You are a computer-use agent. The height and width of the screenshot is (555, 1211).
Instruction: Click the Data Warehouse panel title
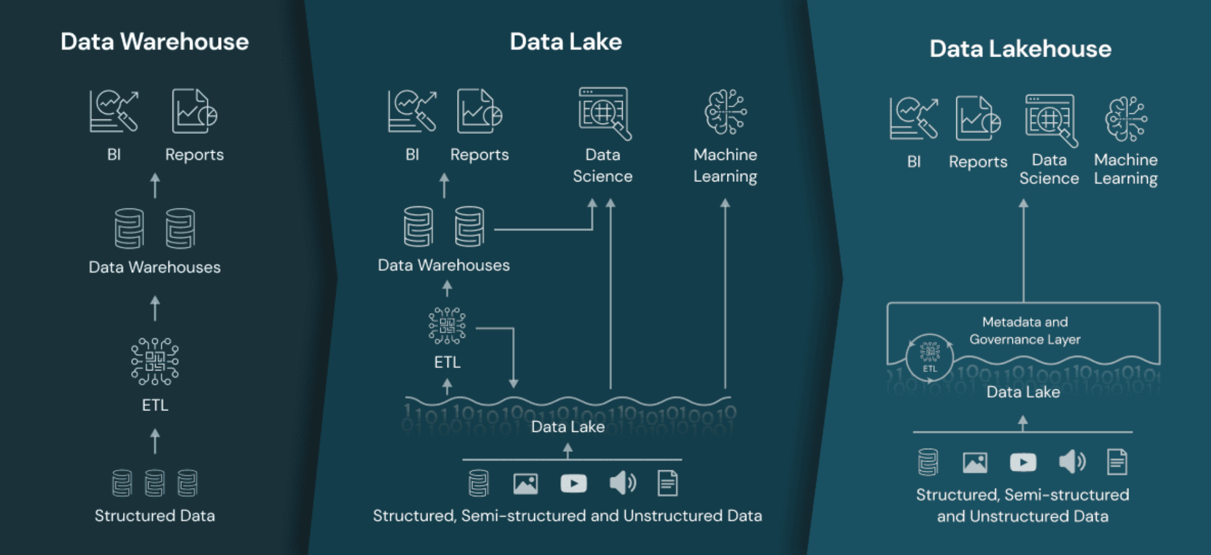pyautogui.click(x=154, y=42)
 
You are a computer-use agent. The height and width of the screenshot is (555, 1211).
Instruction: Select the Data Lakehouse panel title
pyautogui.click(x=1020, y=49)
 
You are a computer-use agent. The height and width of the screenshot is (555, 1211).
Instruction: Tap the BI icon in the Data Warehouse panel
pyautogui.click(x=114, y=111)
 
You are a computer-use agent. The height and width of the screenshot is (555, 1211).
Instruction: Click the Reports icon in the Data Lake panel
pyautogui.click(x=479, y=111)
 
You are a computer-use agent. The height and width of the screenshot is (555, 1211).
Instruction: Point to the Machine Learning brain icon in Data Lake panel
pyautogui.click(x=725, y=112)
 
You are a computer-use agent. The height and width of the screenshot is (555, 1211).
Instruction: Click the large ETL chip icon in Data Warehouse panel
pyautogui.click(x=155, y=362)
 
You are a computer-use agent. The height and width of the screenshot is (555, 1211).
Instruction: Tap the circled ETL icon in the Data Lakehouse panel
pyautogui.click(x=929, y=357)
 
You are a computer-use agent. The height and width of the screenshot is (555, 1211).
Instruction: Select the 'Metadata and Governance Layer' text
pyautogui.click(x=1025, y=331)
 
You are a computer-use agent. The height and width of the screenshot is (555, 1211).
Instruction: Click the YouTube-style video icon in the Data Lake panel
pyautogui.click(x=573, y=484)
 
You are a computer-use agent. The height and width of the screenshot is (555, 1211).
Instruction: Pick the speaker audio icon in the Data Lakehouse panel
pyautogui.click(x=1072, y=462)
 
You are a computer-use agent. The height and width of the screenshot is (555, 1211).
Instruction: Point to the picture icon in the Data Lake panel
pyautogui.click(x=526, y=484)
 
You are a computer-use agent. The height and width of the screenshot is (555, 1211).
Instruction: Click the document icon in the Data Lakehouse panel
pyautogui.click(x=1117, y=462)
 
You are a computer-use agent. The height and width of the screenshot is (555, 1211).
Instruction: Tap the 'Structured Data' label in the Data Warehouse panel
pyautogui.click(x=154, y=516)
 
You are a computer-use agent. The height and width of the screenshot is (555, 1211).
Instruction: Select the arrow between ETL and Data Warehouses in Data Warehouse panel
pyautogui.click(x=155, y=308)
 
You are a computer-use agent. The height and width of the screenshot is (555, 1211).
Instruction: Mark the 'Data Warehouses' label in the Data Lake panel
pyautogui.click(x=444, y=265)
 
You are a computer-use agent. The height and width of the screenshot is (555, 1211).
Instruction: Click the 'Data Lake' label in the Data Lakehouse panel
pyautogui.click(x=1023, y=392)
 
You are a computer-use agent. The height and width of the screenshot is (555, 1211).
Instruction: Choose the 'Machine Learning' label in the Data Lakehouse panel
pyautogui.click(x=1126, y=169)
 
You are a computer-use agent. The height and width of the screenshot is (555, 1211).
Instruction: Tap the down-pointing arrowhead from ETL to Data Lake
pyautogui.click(x=513, y=383)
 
